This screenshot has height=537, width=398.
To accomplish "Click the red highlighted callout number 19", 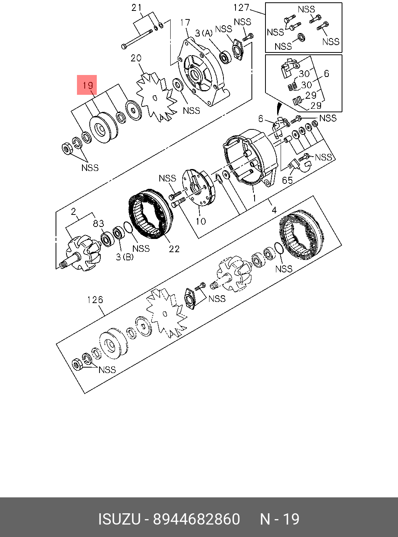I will (x=87, y=85).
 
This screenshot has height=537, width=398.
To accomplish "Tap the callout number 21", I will (x=136, y=7).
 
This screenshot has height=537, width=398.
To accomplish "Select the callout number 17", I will (x=185, y=23).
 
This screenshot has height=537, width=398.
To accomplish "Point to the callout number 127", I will (x=241, y=7).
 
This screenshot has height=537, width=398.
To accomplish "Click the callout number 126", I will (x=95, y=300).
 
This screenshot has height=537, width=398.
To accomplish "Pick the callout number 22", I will (x=174, y=249).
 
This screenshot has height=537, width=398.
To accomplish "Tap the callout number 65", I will (x=287, y=180).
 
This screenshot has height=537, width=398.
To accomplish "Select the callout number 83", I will (x=98, y=223).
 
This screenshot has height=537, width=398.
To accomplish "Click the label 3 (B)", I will (x=125, y=257).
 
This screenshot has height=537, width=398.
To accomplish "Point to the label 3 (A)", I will (x=204, y=33).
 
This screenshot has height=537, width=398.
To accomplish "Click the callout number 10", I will (x=201, y=221).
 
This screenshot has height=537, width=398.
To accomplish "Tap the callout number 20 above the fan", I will (x=136, y=58).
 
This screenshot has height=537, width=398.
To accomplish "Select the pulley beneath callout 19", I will (x=103, y=128).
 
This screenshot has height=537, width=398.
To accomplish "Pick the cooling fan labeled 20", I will (x=155, y=98).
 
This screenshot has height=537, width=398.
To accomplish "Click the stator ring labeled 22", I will (x=150, y=216).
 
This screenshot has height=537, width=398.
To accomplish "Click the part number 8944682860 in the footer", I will (x=196, y=519).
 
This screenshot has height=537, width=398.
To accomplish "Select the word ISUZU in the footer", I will (x=119, y=519).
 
